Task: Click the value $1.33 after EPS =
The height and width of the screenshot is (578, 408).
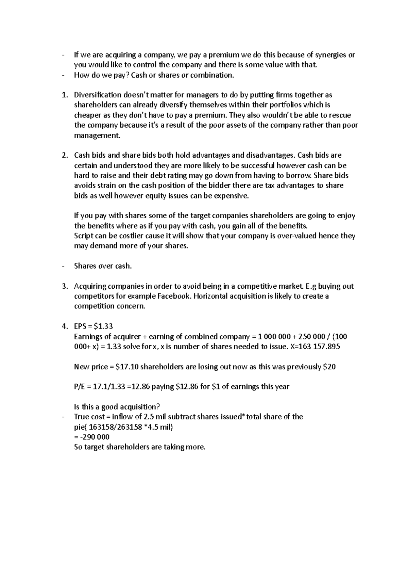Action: pyautogui.click(x=103, y=326)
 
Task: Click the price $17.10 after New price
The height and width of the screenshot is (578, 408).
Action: pyautogui.click(x=127, y=367)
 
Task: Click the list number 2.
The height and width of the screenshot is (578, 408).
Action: pyautogui.click(x=65, y=156)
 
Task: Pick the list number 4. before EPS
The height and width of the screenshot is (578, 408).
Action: pyautogui.click(x=65, y=326)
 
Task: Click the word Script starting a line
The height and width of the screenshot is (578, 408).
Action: pyautogui.click(x=84, y=236)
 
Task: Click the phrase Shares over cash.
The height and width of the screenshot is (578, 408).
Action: pyautogui.click(x=103, y=266)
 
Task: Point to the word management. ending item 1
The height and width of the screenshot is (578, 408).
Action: pyautogui.click(x=97, y=135)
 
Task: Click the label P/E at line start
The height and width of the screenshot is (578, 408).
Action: pyautogui.click(x=80, y=387)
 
